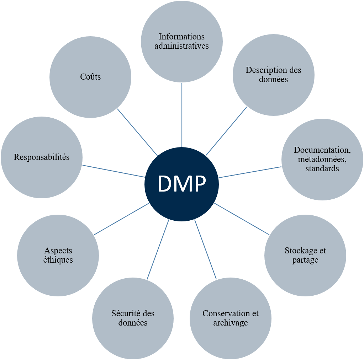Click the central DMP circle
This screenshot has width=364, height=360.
[x=181, y=184]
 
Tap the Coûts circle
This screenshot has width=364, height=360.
[x=90, y=77]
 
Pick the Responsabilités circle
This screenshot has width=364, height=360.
[x=42, y=157]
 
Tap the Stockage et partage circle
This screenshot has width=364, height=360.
[x=305, y=255]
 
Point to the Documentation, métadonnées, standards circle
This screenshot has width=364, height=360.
[x=322, y=159]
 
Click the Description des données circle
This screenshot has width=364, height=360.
[x=273, y=75]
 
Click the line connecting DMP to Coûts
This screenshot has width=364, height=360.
[x=137, y=132]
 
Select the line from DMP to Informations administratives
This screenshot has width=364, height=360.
[x=182, y=114]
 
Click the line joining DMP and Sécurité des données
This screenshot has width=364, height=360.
[x=158, y=249]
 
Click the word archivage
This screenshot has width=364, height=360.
[x=230, y=323]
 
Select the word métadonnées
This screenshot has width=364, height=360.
[x=322, y=160]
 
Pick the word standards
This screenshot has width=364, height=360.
[x=322, y=168]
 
